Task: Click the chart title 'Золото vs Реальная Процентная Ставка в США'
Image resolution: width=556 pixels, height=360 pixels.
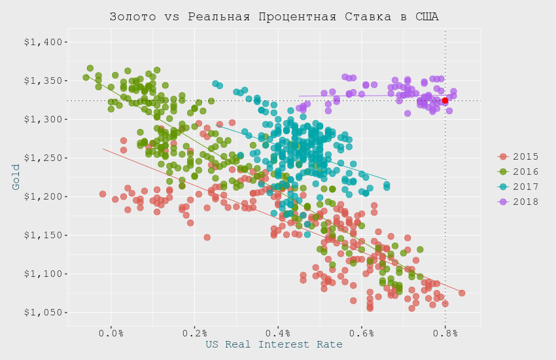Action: [x=274, y=16]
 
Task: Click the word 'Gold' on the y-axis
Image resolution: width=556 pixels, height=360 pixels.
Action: [x=16, y=177]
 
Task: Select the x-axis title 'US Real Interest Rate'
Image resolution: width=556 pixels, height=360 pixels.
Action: [x=274, y=344]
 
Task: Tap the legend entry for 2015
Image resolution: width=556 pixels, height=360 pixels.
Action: [x=521, y=156]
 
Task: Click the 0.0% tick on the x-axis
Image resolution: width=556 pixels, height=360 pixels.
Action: [x=111, y=333]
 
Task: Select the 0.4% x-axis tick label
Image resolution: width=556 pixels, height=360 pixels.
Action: [x=278, y=333]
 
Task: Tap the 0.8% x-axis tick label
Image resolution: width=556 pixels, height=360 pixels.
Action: [x=445, y=333]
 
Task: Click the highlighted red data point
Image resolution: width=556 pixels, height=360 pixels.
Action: [x=445, y=101]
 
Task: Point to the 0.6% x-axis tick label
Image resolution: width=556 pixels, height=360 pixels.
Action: [x=362, y=333]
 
